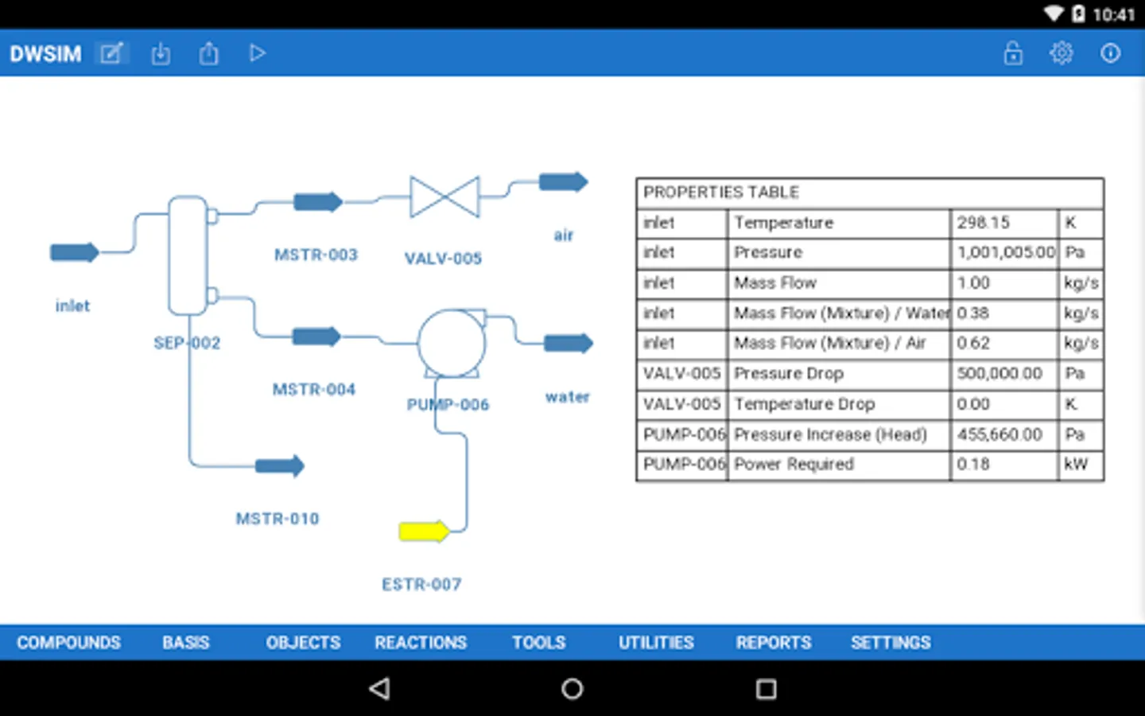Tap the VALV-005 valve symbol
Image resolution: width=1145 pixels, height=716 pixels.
coord(444,197)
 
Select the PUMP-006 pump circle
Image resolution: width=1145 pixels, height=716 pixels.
coord(452,343)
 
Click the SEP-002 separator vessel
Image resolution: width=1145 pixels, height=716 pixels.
coord(188,255)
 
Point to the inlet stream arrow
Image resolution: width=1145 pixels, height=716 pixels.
coord(74,253)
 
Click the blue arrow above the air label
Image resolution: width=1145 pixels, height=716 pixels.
coord(563,182)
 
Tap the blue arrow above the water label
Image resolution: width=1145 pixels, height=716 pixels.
coord(568,343)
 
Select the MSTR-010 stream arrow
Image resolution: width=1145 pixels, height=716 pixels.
coord(279,465)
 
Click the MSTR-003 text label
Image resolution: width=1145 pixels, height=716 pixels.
coord(316,255)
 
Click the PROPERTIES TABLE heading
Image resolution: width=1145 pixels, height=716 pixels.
coord(721,193)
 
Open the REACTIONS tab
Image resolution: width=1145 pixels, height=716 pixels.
coord(421,642)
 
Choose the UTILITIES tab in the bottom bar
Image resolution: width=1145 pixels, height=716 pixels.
coord(656,642)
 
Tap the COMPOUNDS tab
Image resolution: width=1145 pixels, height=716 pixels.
coord(69,642)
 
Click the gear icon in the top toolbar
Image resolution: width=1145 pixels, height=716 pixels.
coord(1061,53)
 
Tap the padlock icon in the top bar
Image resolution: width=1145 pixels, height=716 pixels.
coord(1013,53)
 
